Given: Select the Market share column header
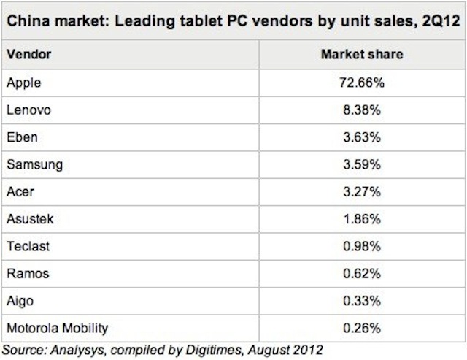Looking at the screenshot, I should [362, 55].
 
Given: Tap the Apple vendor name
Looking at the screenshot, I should [23, 83].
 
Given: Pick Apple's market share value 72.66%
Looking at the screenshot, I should [362, 83].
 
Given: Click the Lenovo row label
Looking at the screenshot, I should [28, 110].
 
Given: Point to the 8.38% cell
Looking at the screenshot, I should [362, 110].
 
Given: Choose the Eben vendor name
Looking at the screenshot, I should [22, 137].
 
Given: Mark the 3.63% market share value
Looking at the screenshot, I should [362, 137].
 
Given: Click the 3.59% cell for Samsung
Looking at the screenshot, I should [362, 164].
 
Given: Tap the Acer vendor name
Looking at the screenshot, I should [21, 191].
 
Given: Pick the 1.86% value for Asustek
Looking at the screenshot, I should [362, 218].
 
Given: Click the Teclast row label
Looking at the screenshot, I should [28, 245].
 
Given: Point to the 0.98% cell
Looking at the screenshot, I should [362, 245].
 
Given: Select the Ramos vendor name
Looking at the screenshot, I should [27, 273].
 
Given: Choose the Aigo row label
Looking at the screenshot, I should [20, 300].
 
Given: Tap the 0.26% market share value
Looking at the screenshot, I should [362, 327].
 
